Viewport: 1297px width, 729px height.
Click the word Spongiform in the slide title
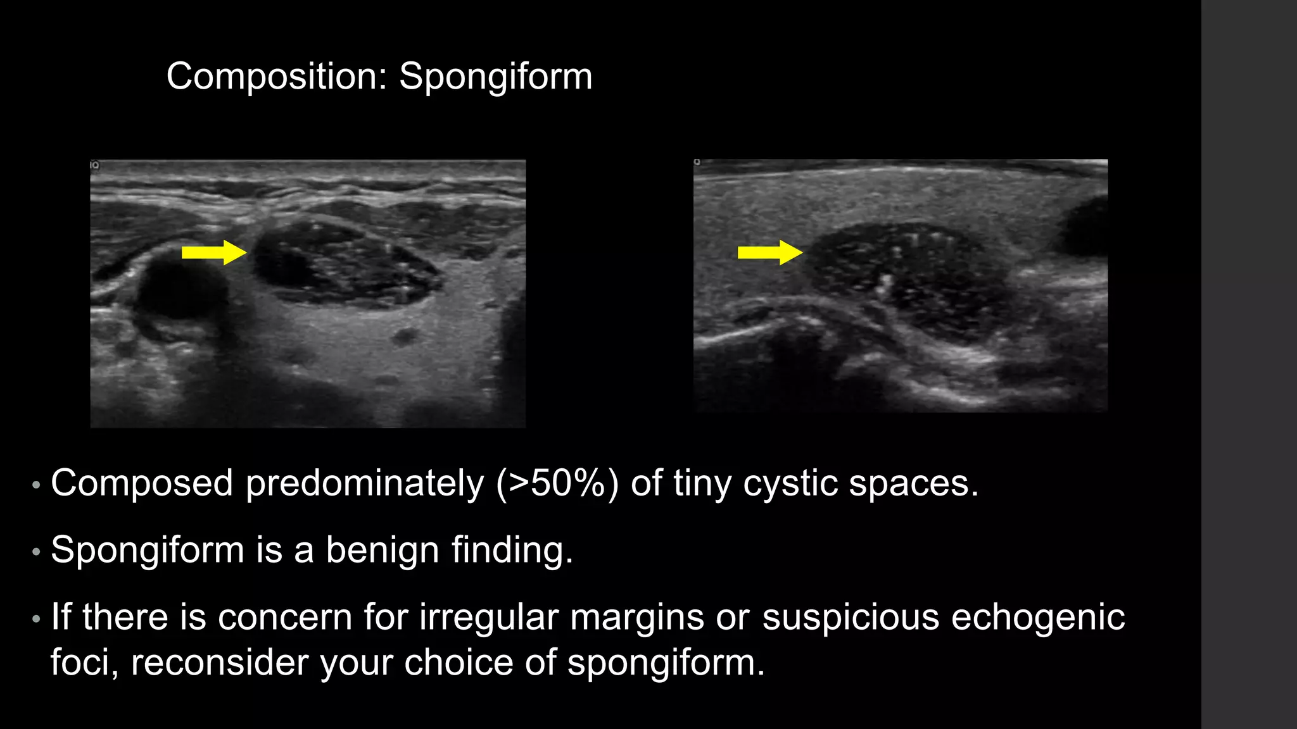click(495, 77)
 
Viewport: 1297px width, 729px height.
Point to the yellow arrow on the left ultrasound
click(213, 252)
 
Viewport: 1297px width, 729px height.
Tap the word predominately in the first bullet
click(364, 484)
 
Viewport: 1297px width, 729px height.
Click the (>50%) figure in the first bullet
click(557, 484)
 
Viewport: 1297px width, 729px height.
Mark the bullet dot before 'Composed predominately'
click(36, 485)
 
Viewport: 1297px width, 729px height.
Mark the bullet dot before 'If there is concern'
click(36, 618)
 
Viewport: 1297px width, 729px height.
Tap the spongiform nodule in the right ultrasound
click(906, 278)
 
